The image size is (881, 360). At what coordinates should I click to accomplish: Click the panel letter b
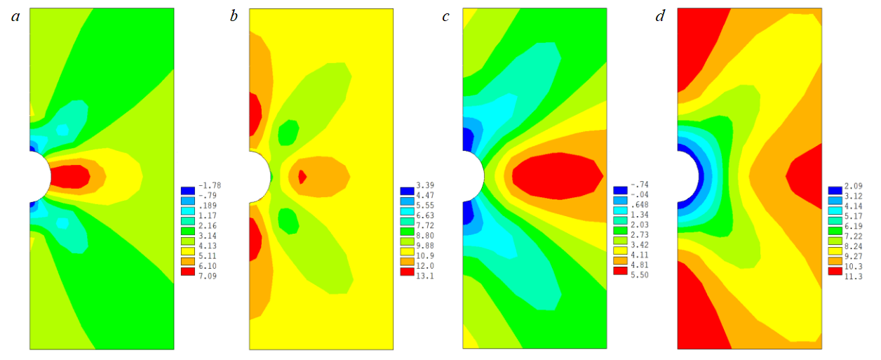(234, 16)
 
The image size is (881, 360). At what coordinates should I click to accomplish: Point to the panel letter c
(446, 16)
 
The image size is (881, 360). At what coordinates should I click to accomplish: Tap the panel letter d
(659, 16)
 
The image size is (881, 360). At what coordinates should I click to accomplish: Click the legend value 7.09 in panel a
(210, 272)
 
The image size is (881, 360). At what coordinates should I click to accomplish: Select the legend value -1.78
(210, 190)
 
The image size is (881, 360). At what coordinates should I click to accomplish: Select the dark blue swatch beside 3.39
(407, 190)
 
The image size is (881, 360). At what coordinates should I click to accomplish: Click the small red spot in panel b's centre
(302, 177)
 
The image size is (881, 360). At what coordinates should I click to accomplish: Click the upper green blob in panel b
(288, 132)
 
